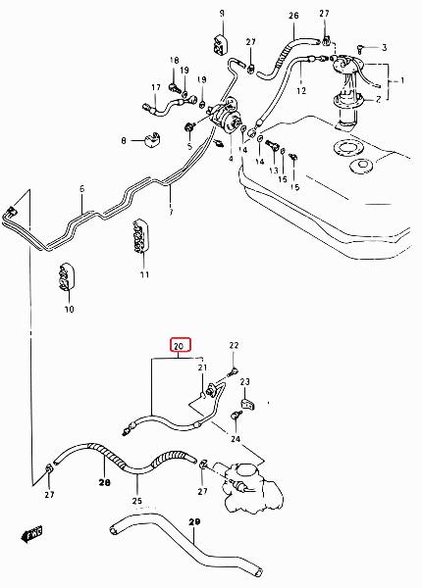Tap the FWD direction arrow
31,534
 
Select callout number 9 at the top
222,14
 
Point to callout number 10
69,310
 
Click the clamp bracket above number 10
67,276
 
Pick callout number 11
145,274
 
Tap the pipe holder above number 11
140,236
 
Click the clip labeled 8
152,140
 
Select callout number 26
293,16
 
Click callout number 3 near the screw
384,48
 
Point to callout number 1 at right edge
402,80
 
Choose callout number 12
301,90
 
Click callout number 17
156,87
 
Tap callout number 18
175,60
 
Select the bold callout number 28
105,483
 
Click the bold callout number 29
194,521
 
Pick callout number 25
137,501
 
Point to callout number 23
244,382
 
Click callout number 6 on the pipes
82,188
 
